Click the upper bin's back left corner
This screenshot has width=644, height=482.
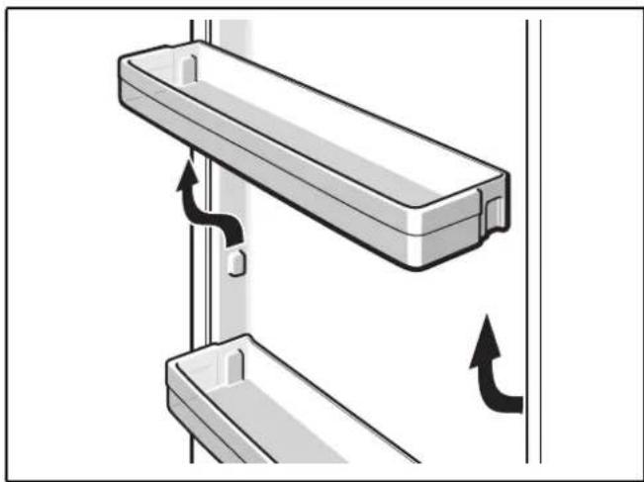[203, 45]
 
